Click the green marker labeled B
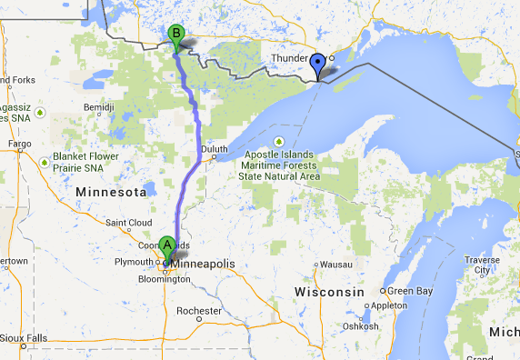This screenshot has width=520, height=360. pos(177,35)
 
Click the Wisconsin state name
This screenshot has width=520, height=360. pos(329,292)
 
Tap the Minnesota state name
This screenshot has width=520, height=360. pos(112,194)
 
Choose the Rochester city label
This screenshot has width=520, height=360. pos(199,311)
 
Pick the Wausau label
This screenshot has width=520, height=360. pos(335,265)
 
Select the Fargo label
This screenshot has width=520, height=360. pos(18,144)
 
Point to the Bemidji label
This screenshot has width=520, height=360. pos(97,107)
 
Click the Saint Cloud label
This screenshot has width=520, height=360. pos(127,223)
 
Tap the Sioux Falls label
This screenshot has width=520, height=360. pos(25,338)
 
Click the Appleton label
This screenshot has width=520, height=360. pos(389,306)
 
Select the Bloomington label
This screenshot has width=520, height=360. pos(165,279)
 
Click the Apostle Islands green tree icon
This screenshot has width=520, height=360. pos(279,140)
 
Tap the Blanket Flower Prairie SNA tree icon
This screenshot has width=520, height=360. pos(44,162)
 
